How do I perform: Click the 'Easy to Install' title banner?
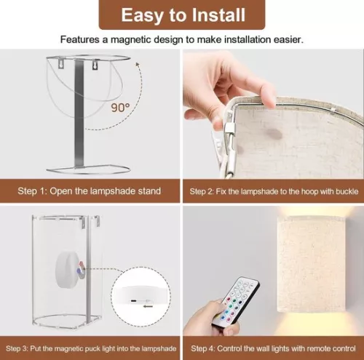[182, 15]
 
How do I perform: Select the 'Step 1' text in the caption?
[33, 191]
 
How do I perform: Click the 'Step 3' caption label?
[30, 348]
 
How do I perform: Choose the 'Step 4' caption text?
[205, 348]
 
